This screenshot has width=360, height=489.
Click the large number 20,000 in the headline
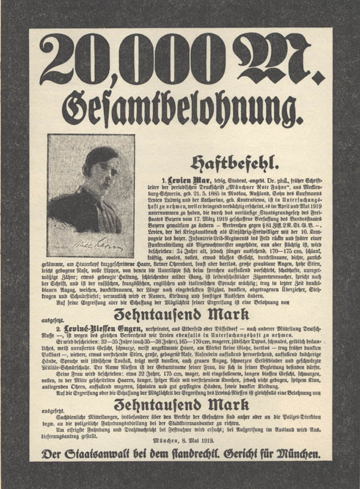(x=132, y=61)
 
